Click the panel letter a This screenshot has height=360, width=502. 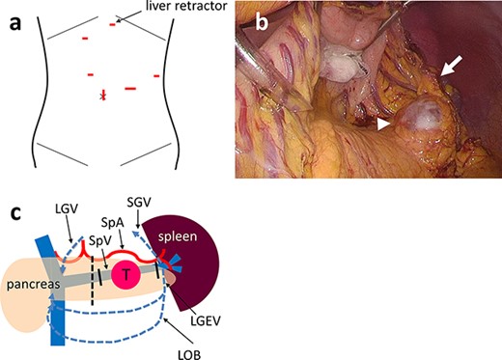pyautogui.click(x=14, y=13)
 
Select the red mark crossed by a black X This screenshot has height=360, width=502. pyautogui.click(x=103, y=95)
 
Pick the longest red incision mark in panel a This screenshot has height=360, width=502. pyautogui.click(x=130, y=89)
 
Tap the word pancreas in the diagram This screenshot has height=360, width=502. pyautogui.click(x=35, y=287)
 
